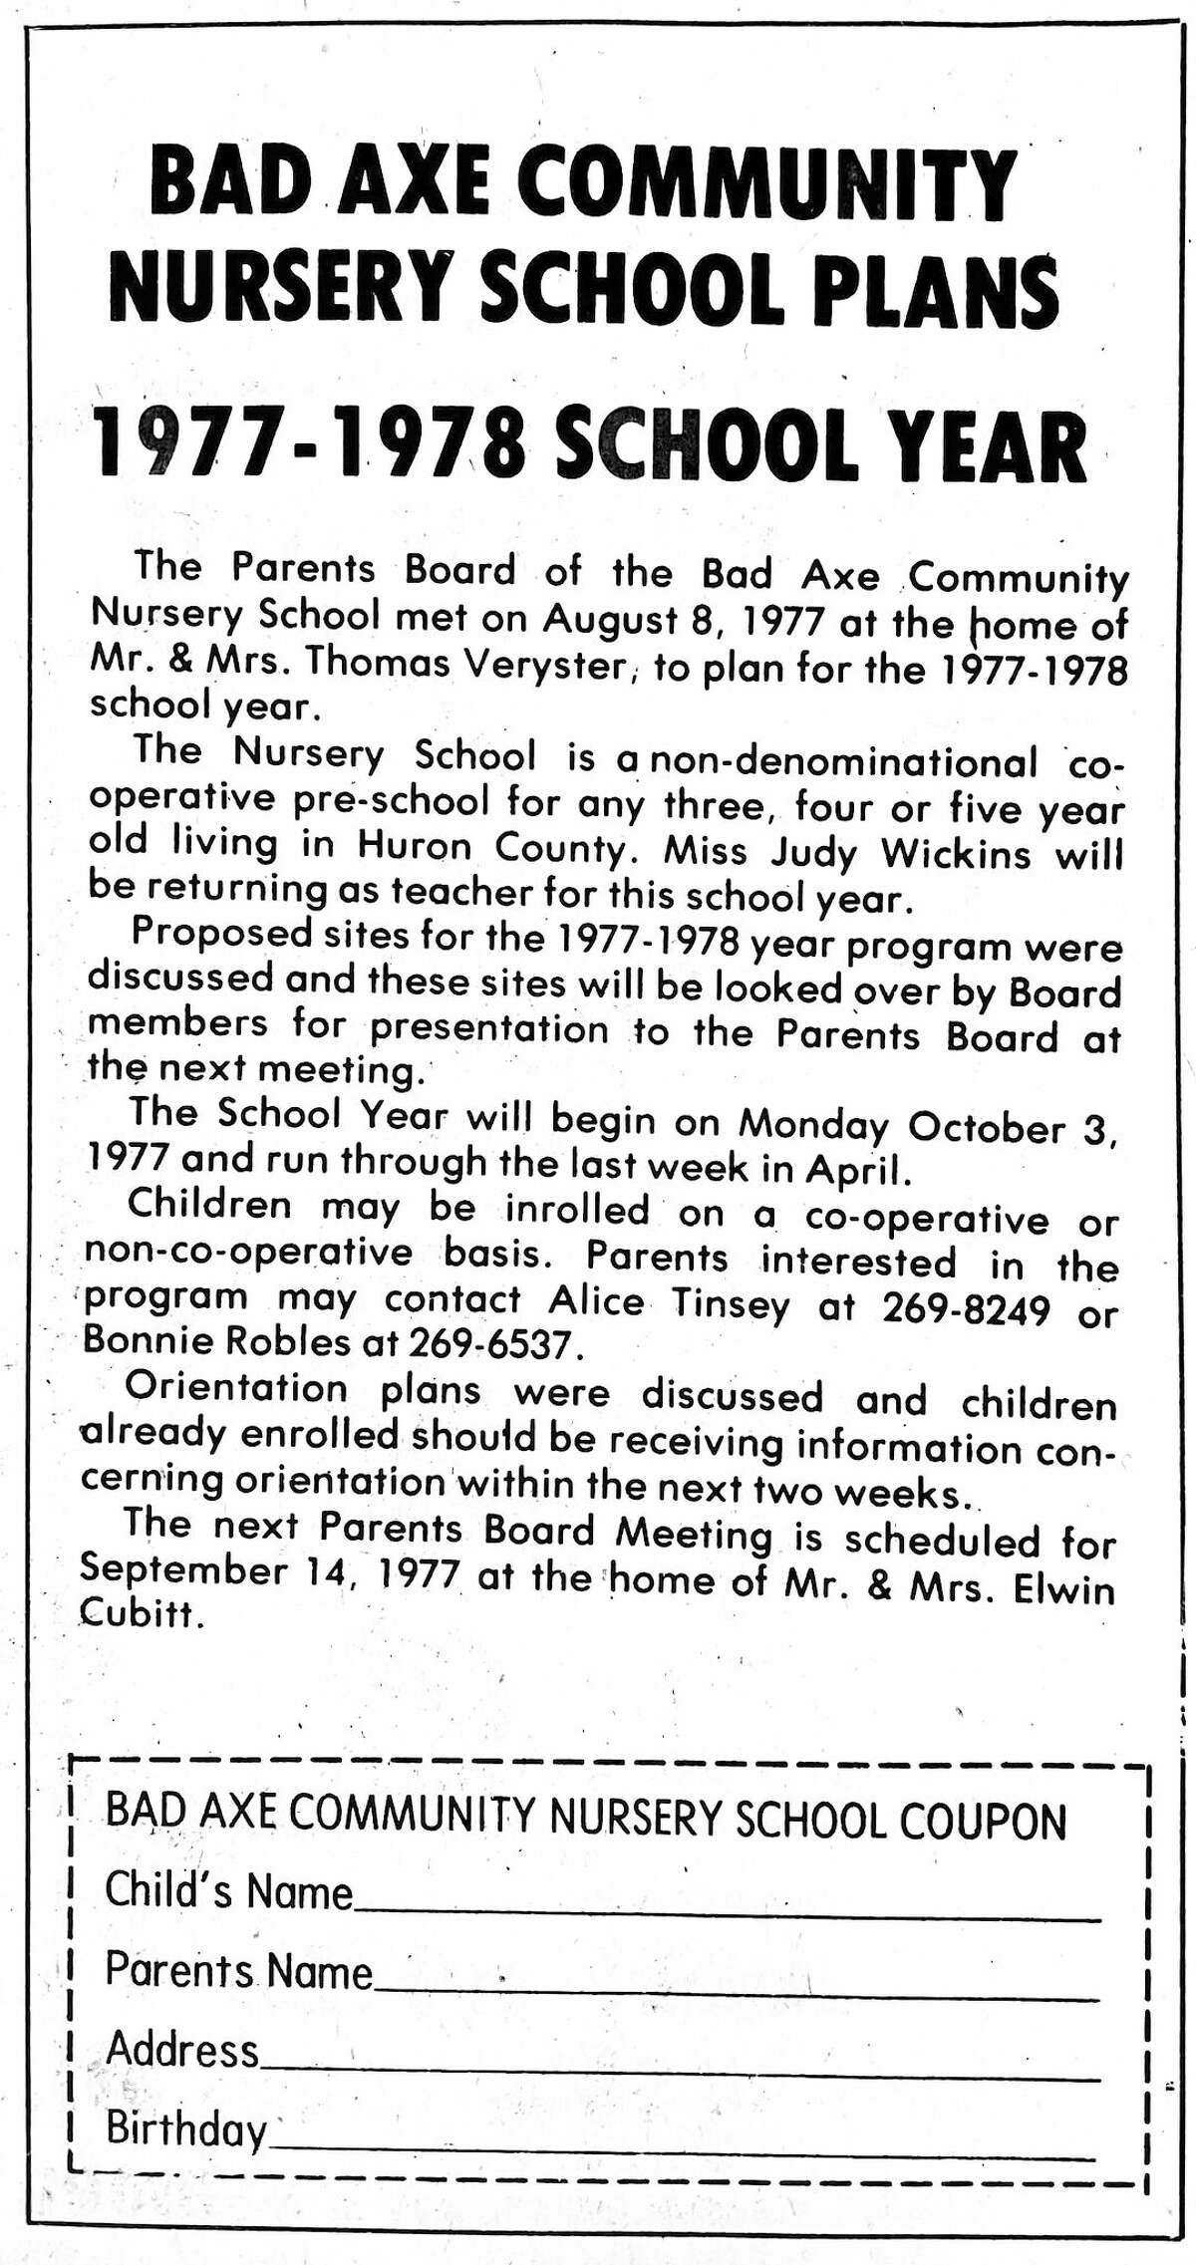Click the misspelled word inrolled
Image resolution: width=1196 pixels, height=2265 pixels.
point(577,1212)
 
